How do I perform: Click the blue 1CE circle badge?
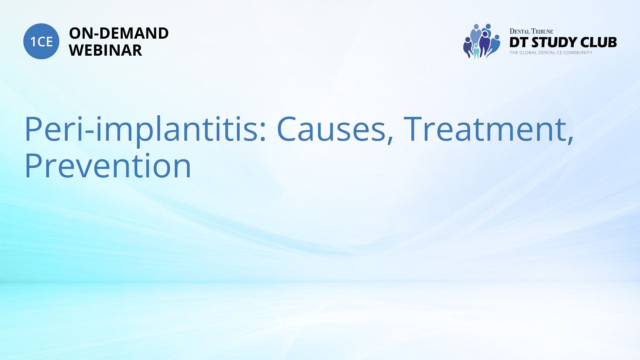tap(41, 41)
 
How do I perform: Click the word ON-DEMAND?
tap(119, 33)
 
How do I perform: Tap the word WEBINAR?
tap(105, 50)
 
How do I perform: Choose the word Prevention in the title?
tap(108, 166)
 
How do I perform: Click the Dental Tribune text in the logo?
tap(531, 31)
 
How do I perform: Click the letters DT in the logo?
tap(519, 42)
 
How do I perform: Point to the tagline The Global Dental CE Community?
tap(551, 53)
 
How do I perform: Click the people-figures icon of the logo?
tap(482, 41)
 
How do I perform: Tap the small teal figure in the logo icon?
tap(476, 51)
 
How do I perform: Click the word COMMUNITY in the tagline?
tap(578, 53)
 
